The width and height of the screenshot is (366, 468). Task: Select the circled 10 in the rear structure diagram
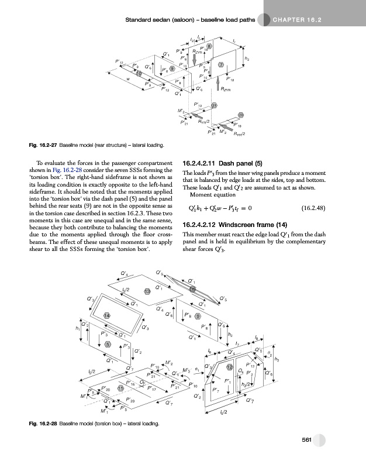(x=139, y=73)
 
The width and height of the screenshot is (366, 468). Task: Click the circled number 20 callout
(x=240, y=115)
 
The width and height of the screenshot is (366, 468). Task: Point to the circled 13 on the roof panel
(x=148, y=291)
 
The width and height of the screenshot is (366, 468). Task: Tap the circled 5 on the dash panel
(x=107, y=343)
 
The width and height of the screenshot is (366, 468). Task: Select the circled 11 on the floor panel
(x=120, y=388)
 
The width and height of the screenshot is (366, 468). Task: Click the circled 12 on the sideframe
(x=230, y=366)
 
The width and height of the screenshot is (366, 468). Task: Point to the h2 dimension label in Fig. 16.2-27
(x=247, y=59)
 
